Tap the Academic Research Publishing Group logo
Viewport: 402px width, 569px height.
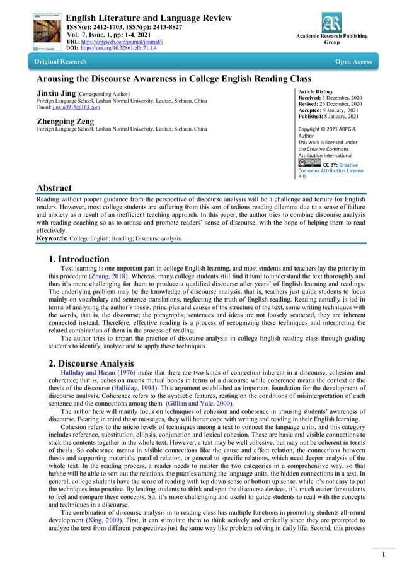pos(331,23)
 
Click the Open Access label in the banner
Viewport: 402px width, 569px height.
pos(353,62)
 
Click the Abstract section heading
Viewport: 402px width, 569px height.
pos(54,188)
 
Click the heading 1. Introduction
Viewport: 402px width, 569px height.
pos(79,259)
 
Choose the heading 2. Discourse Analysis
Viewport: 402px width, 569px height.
pos(91,363)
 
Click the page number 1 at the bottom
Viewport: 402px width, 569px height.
pos(383,554)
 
